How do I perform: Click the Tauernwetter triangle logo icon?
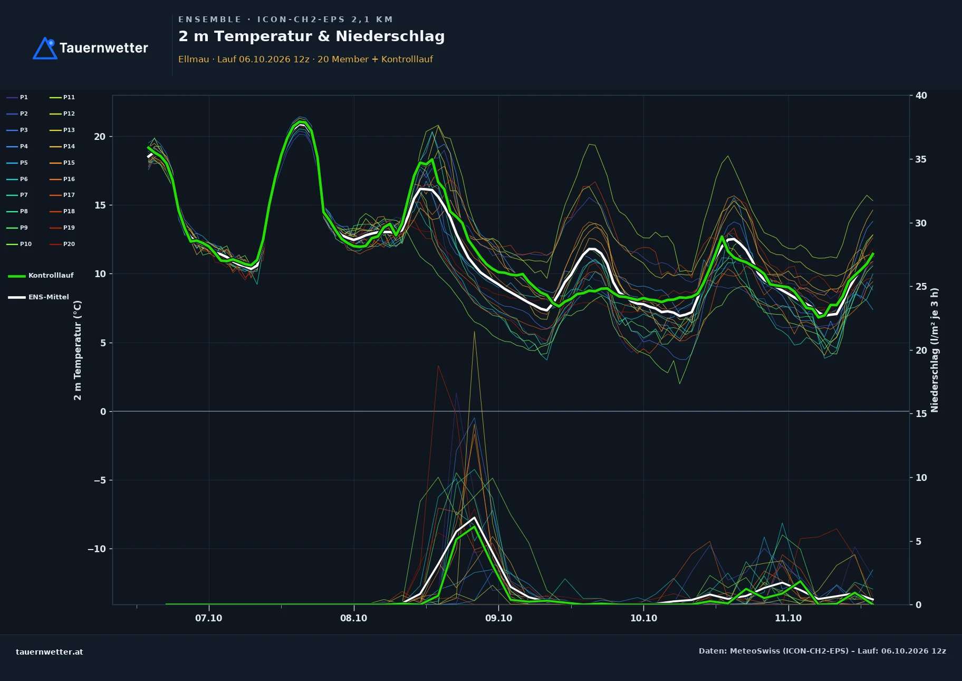(x=45, y=49)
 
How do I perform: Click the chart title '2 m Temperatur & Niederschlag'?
(x=311, y=36)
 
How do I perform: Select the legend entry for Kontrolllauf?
(x=41, y=276)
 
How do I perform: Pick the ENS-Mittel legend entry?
(x=39, y=297)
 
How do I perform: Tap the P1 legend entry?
(x=17, y=98)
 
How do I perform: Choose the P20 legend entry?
(x=62, y=244)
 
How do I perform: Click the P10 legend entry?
(x=19, y=244)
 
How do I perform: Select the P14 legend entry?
(x=62, y=147)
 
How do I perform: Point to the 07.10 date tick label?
(x=209, y=618)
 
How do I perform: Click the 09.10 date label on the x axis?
(x=498, y=618)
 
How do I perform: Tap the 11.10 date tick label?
(x=788, y=618)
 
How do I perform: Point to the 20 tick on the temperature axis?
(x=100, y=137)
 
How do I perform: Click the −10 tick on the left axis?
(x=97, y=549)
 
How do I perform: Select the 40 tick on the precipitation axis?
(x=921, y=96)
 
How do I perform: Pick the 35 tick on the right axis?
(x=921, y=159)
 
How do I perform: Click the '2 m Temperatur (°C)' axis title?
(x=78, y=350)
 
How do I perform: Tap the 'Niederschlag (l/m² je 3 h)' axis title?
(x=935, y=350)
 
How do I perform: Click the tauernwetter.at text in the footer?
(x=50, y=652)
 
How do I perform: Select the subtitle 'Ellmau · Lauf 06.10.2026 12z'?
(x=244, y=60)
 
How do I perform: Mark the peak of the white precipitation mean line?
(x=475, y=517)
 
